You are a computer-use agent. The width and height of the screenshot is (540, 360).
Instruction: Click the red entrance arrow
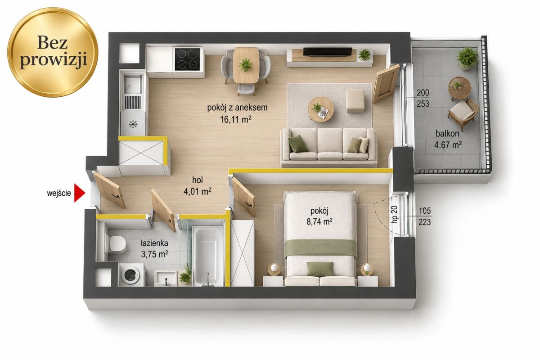click(79, 193)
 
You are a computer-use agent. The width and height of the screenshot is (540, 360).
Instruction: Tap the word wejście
click(59, 193)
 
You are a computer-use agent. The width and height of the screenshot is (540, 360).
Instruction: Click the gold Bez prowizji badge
click(53, 52)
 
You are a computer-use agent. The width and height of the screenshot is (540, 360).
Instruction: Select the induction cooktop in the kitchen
click(188, 59)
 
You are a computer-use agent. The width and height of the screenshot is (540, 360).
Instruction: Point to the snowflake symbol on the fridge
click(133, 124)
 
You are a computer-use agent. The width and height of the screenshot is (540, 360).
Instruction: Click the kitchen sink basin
click(133, 84)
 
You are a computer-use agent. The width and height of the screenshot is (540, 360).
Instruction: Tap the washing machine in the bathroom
click(132, 275)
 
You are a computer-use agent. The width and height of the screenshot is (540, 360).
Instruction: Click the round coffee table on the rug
click(321, 109)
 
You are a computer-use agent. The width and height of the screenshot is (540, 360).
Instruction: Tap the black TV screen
click(328, 52)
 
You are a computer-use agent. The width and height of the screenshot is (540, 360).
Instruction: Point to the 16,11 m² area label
click(236, 119)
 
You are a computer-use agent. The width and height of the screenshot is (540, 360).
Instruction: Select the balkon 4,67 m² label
click(448, 139)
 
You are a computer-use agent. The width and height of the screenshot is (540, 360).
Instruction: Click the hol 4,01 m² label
click(198, 185)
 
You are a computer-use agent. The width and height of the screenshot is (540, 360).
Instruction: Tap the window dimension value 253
click(423, 103)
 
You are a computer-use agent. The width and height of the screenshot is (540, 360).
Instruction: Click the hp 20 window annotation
click(395, 214)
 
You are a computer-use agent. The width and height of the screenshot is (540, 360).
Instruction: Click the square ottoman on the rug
click(355, 101)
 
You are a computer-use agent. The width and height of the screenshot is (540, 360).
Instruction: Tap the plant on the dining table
click(245, 64)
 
